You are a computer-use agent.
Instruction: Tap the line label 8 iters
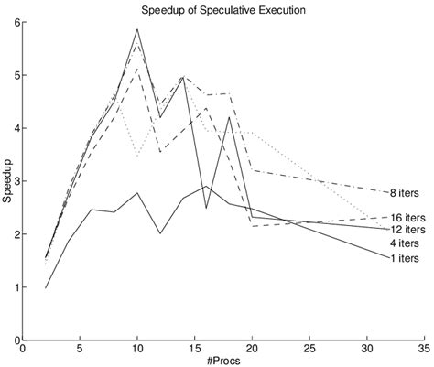click(405, 192)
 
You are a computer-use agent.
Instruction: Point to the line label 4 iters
click(404, 243)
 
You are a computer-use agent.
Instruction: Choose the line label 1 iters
click(404, 259)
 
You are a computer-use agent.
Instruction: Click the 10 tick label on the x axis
click(136, 349)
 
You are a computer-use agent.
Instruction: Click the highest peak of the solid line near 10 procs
click(137, 29)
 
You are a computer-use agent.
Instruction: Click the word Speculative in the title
click(227, 10)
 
